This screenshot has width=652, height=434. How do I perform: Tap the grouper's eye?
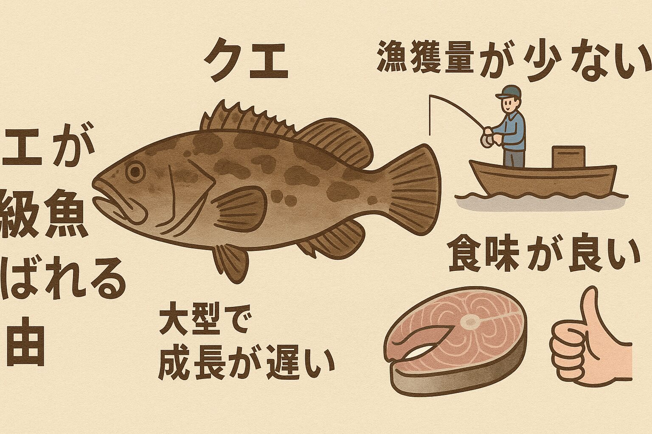pyautogui.click(x=135, y=172)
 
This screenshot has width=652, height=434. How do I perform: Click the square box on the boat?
pyautogui.click(x=568, y=156)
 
